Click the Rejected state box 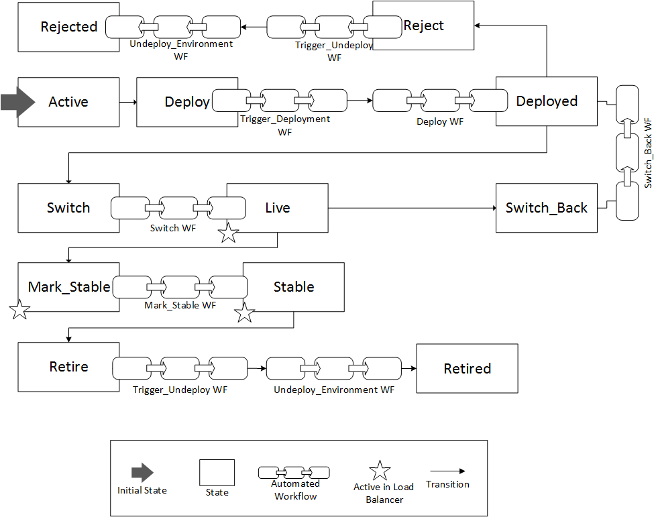(60, 27)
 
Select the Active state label (68, 102)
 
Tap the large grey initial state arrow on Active (17, 101)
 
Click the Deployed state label (547, 101)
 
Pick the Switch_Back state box (546, 208)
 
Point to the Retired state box (467, 368)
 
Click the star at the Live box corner (229, 233)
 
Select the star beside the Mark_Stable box (19, 310)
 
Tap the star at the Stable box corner (245, 312)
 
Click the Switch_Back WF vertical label (648, 153)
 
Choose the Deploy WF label (441, 121)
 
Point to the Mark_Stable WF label (180, 305)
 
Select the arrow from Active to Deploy (128, 102)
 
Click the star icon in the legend (380, 471)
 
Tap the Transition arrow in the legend (447, 471)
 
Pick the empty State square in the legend (217, 472)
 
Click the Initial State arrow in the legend (142, 473)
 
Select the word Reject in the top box (423, 25)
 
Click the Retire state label (68, 367)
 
